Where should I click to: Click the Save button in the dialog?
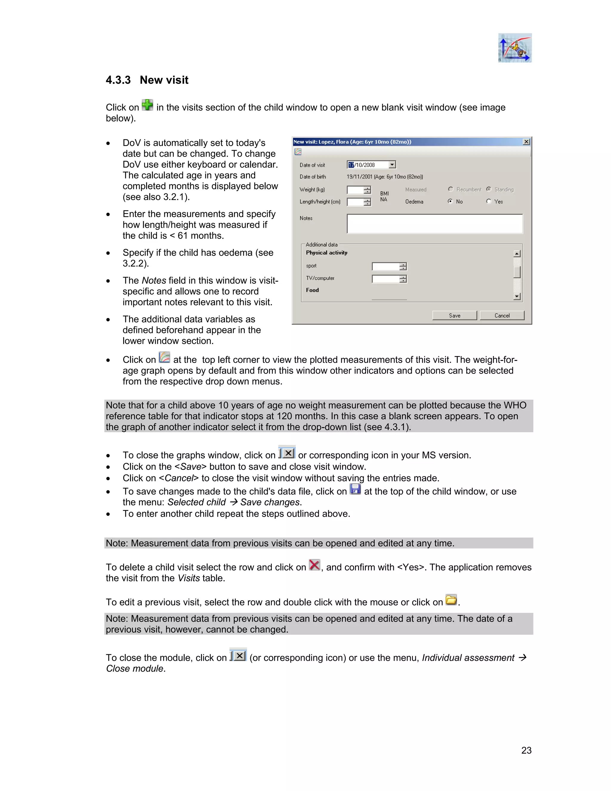[454, 316]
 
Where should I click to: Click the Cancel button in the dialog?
[502, 316]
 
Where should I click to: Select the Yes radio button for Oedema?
[489, 201]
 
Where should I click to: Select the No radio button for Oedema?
[450, 201]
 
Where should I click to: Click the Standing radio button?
[489, 189]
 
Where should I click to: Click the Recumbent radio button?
[451, 189]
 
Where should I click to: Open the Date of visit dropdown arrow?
[392, 165]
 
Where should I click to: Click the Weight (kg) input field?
[355, 190]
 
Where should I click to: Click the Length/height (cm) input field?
[355, 202]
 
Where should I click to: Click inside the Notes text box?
[434, 224]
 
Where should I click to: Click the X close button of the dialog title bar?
[526, 141]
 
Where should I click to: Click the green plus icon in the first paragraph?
[147, 105]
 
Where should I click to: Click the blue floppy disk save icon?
[355, 489]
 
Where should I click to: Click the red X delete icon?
[314, 565]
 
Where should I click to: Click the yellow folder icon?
[451, 600]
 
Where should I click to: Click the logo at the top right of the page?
[515, 48]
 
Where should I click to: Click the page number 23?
[526, 750]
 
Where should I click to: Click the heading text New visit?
[164, 80]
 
